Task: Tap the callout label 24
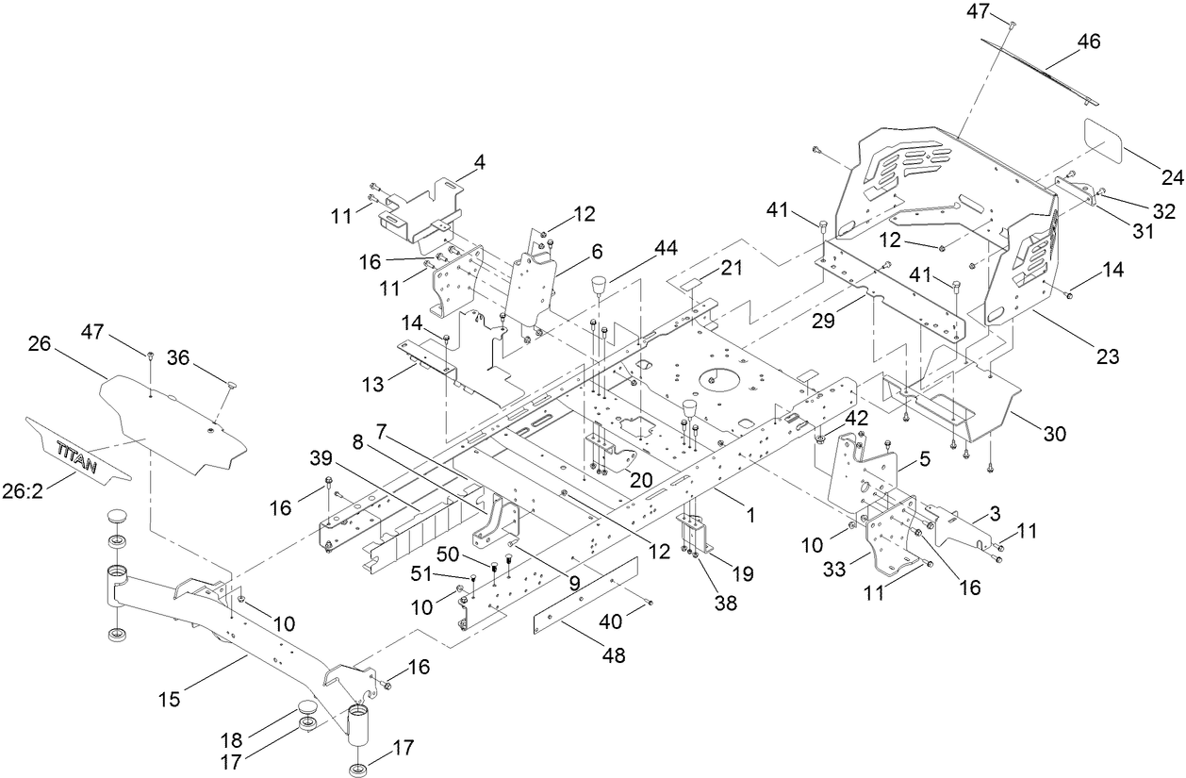(x=1171, y=175)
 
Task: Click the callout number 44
(x=667, y=248)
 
